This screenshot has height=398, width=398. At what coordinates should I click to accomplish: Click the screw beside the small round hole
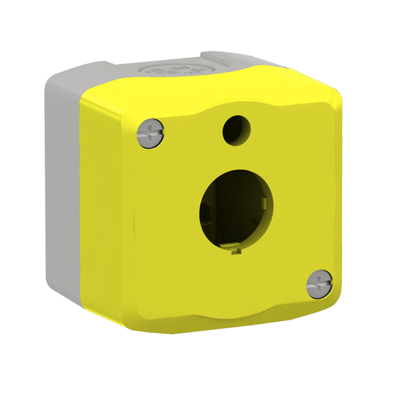[x=150, y=133]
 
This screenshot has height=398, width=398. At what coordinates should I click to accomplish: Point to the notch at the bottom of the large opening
[x=235, y=252]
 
